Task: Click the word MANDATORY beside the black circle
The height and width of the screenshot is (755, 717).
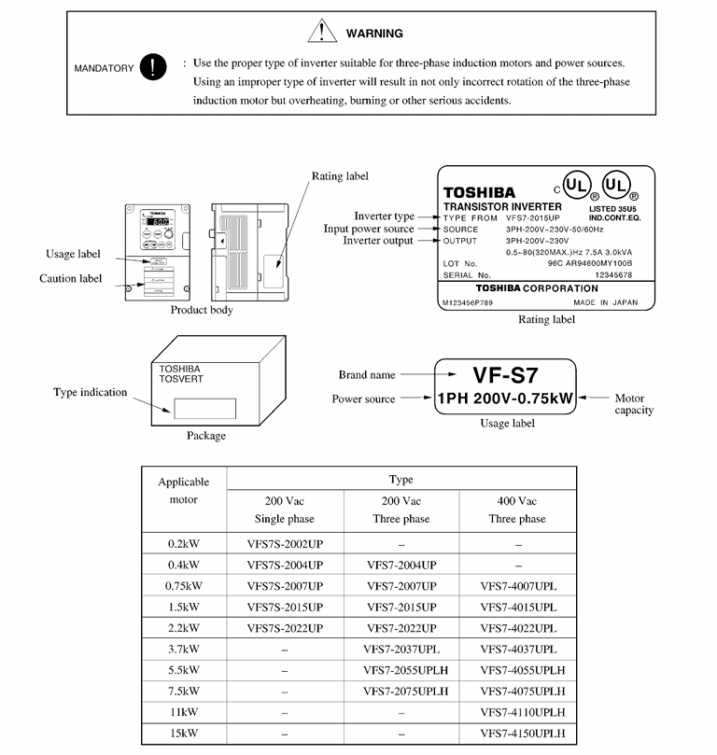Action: (x=104, y=68)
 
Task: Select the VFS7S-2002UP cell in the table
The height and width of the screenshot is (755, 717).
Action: (x=285, y=542)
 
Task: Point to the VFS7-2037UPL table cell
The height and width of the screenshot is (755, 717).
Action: (x=401, y=649)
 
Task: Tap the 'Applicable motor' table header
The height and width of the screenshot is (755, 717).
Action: (x=184, y=491)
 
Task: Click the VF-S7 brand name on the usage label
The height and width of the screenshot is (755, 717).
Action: (x=505, y=374)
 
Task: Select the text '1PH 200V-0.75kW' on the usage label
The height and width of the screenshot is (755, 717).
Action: (x=505, y=398)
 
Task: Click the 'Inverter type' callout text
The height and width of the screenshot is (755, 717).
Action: (x=384, y=217)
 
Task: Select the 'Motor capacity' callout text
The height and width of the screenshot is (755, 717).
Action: (x=634, y=404)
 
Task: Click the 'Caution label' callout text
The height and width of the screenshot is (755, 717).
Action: (x=71, y=278)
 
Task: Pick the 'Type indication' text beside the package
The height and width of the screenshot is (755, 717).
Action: (x=90, y=392)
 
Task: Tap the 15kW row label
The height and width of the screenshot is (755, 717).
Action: (x=184, y=733)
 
